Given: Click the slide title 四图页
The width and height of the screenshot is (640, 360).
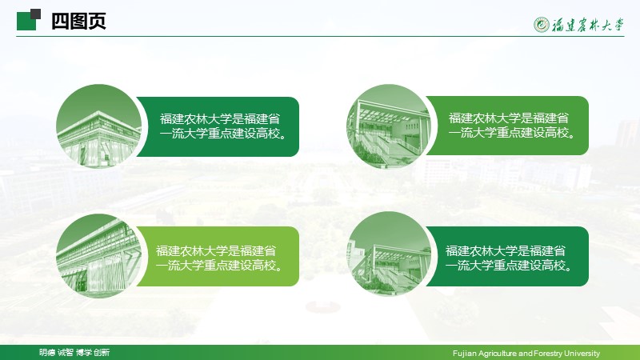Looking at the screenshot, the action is (x=78, y=21).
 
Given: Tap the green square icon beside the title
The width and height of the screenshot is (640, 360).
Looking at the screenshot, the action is (x=26, y=22).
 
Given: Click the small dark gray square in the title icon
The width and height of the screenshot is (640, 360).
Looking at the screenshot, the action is (x=36, y=14).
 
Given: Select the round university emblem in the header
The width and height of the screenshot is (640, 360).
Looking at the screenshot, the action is (x=542, y=25).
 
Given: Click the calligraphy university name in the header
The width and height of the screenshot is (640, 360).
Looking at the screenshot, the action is (x=588, y=25).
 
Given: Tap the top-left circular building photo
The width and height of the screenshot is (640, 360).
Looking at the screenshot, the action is (x=99, y=126).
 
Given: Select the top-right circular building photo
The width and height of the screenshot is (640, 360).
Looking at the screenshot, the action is (x=389, y=126).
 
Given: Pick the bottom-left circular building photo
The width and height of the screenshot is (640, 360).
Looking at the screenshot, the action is (x=99, y=255).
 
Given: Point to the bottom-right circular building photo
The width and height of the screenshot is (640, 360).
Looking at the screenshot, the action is (x=389, y=254).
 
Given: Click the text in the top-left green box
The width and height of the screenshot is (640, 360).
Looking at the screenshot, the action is (x=222, y=126).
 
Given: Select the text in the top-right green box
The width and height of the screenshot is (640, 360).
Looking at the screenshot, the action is (x=511, y=126).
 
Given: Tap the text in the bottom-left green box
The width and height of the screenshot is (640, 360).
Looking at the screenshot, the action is (x=218, y=258).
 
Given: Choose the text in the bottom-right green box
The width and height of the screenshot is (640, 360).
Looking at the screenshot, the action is (x=508, y=258).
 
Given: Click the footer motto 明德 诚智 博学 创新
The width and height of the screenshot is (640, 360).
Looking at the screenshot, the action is (x=74, y=352).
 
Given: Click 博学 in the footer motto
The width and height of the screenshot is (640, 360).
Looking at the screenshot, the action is (x=84, y=352).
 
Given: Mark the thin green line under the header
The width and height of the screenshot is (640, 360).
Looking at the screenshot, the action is (x=320, y=36).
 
